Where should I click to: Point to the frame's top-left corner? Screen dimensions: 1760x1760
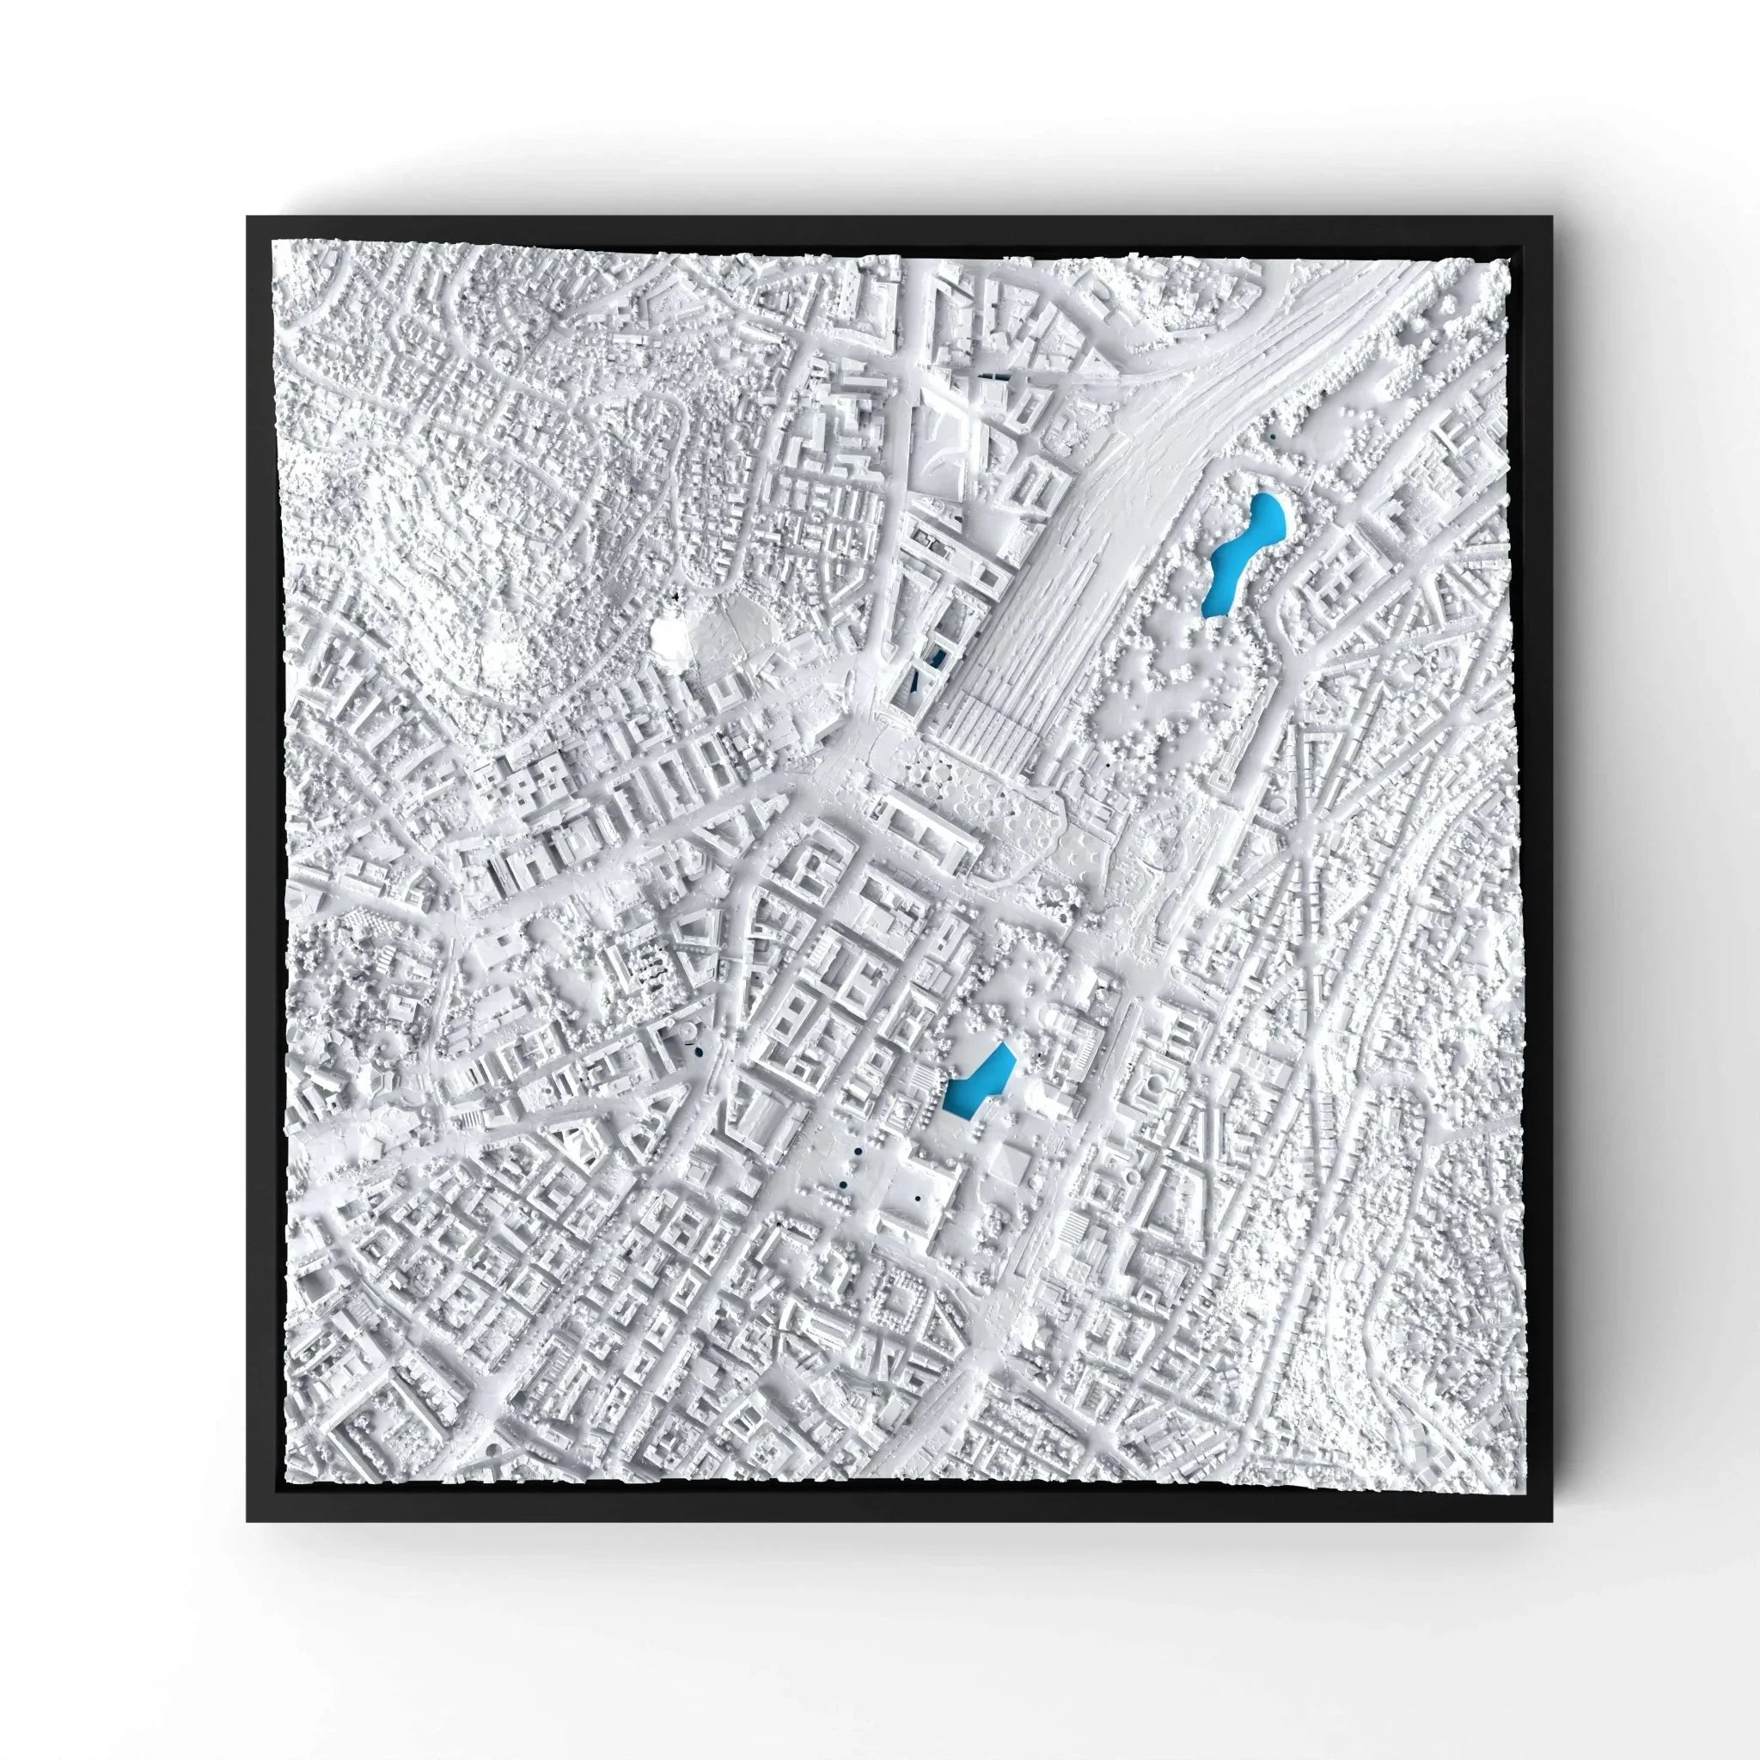click(x=248, y=217)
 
